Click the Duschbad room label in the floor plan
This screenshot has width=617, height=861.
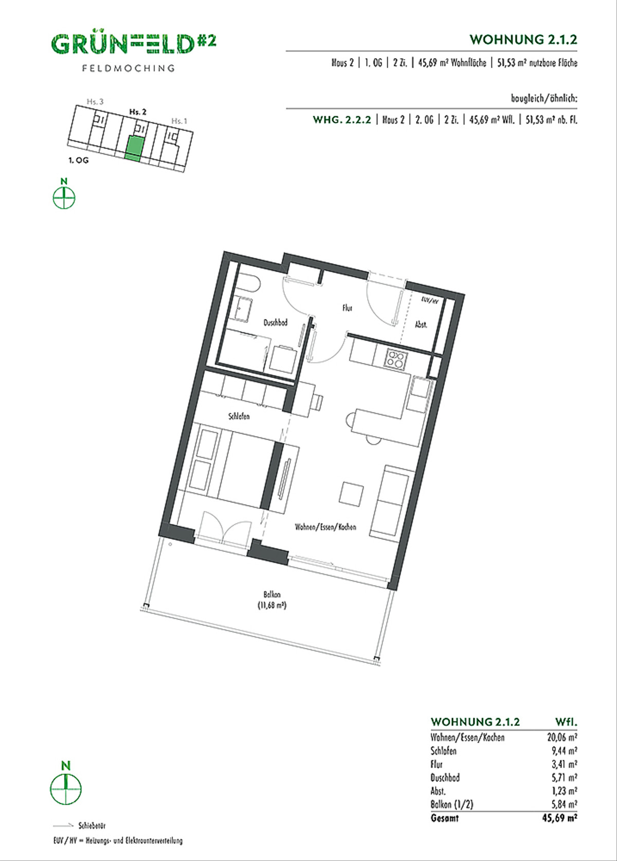pyautogui.click(x=275, y=322)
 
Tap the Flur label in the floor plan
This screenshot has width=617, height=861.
pyautogui.click(x=347, y=308)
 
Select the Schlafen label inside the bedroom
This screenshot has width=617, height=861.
pyautogui.click(x=239, y=416)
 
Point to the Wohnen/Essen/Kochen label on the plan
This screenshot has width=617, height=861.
pyautogui.click(x=325, y=527)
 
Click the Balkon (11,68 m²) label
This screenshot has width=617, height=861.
pyautogui.click(x=272, y=600)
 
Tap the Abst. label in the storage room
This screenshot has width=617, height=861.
pyautogui.click(x=422, y=325)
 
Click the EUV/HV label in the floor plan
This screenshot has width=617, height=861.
pyautogui.click(x=429, y=301)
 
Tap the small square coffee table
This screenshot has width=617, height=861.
pyautogui.click(x=351, y=494)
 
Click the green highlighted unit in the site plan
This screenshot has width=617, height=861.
pyautogui.click(x=135, y=148)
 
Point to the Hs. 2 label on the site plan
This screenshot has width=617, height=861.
pyautogui.click(x=138, y=112)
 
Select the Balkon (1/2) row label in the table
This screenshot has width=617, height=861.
pyautogui.click(x=452, y=804)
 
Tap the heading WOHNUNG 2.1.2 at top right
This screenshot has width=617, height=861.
pyautogui.click(x=523, y=40)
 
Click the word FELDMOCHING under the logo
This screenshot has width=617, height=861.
pyautogui.click(x=129, y=68)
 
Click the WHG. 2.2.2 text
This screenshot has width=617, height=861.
pyautogui.click(x=342, y=119)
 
